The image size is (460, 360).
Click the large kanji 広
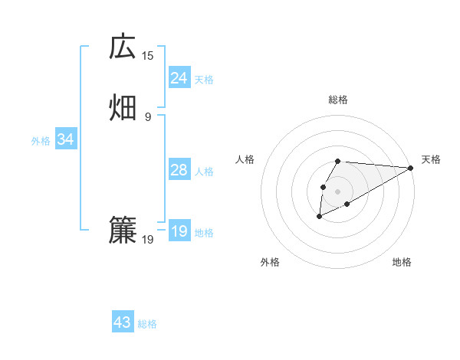pyautogui.click(x=123, y=47)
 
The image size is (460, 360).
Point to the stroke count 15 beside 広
pyautogui.click(x=148, y=55)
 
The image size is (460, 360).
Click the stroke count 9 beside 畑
pyautogui.click(x=148, y=116)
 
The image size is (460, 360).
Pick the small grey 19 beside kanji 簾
pyautogui.click(x=148, y=240)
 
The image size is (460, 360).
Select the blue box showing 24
pyautogui.click(x=179, y=78)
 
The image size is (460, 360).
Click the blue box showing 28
pyautogui.click(x=179, y=170)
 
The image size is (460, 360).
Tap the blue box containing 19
pyautogui.click(x=179, y=231)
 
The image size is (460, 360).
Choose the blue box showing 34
pyautogui.click(x=65, y=139)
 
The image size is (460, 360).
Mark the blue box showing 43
pyautogui.click(x=123, y=322)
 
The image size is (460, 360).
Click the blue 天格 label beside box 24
pyautogui.click(x=204, y=80)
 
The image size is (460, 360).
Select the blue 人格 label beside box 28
pyautogui.click(x=204, y=172)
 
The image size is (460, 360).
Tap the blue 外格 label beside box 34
pyautogui.click(x=41, y=141)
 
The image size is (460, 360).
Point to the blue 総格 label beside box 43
pyautogui.click(x=147, y=324)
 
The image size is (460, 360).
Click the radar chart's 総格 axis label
pyautogui.click(x=338, y=100)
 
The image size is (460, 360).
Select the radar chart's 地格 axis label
pyautogui.click(x=402, y=263)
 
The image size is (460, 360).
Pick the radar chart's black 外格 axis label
pyautogui.click(x=270, y=263)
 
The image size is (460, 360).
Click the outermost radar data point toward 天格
pyautogui.click(x=411, y=168)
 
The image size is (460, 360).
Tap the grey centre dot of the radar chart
pyautogui.click(x=337, y=191)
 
